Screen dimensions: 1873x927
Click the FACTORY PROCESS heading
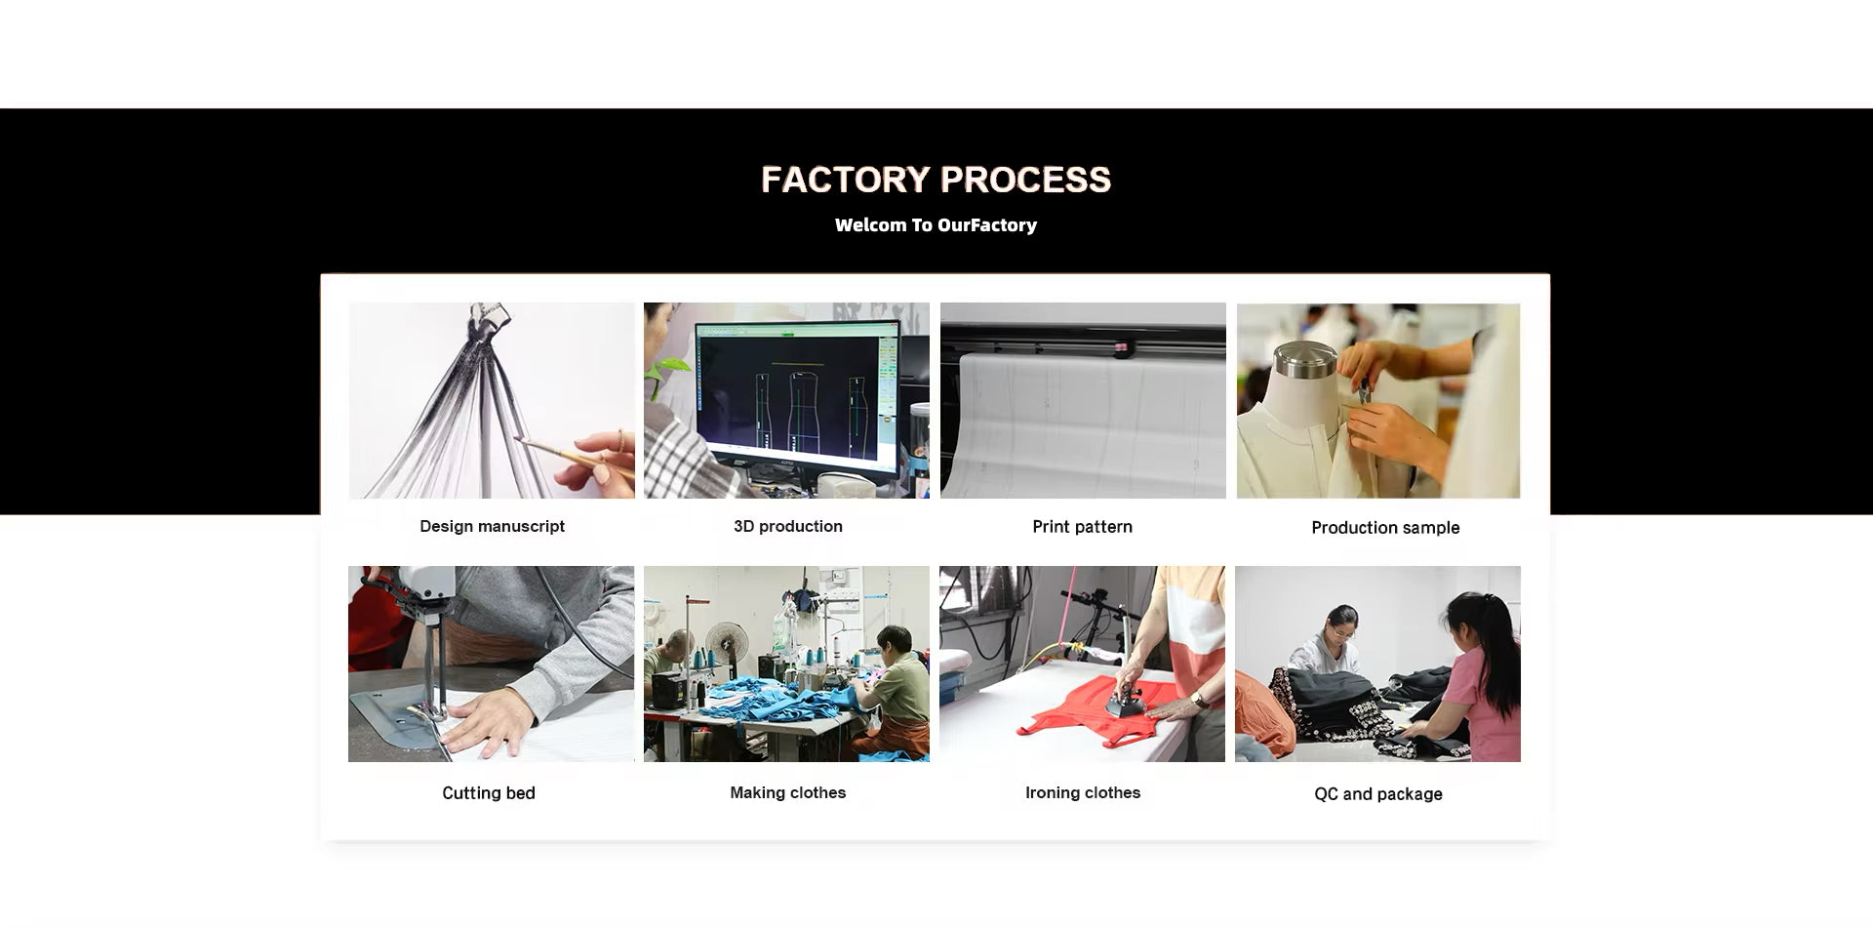(936, 180)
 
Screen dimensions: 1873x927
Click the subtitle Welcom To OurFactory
(936, 225)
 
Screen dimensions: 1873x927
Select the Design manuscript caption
(492, 527)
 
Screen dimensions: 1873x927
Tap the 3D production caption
(788, 527)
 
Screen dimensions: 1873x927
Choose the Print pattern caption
(1083, 527)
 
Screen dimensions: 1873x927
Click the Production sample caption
(1385, 528)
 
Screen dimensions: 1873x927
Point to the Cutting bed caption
(489, 793)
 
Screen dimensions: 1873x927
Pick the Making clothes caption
(788, 793)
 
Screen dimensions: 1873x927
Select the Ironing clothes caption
(1083, 793)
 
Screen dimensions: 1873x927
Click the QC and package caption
(1378, 794)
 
